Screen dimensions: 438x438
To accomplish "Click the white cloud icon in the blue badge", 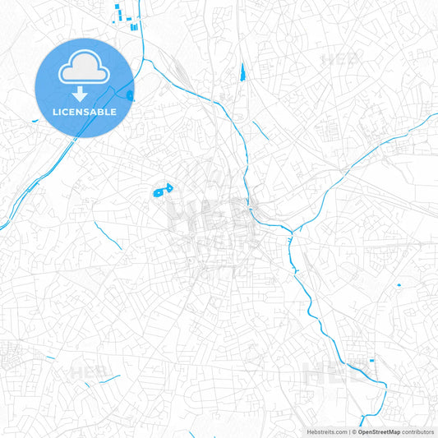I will [x=85, y=71].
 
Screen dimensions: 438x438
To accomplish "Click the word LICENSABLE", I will [x=85, y=112].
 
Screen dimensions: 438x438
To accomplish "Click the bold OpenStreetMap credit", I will [x=380, y=431].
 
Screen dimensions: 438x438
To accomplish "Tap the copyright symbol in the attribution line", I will [x=353, y=431].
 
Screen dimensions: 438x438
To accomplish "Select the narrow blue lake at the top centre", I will [x=243, y=73].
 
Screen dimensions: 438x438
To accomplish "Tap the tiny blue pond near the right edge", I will [x=399, y=285].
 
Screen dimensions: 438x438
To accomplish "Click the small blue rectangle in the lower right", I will [x=371, y=360].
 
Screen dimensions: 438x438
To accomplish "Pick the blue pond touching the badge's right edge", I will [x=131, y=95].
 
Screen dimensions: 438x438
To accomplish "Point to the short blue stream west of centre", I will [x=108, y=233].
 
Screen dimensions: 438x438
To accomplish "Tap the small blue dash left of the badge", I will [x=35, y=122].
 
